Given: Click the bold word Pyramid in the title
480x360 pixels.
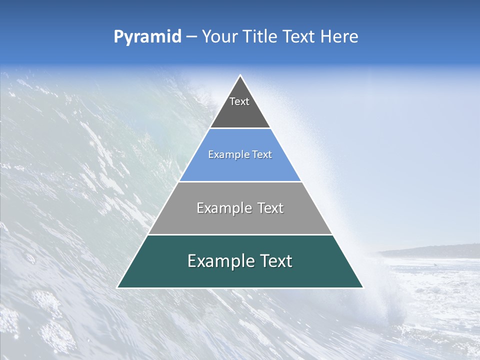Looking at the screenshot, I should (x=147, y=37).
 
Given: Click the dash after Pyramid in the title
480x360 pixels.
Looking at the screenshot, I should (x=191, y=37).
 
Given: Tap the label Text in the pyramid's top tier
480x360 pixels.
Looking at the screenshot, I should (x=239, y=101).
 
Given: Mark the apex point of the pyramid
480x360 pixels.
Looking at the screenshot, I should (x=240, y=76).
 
